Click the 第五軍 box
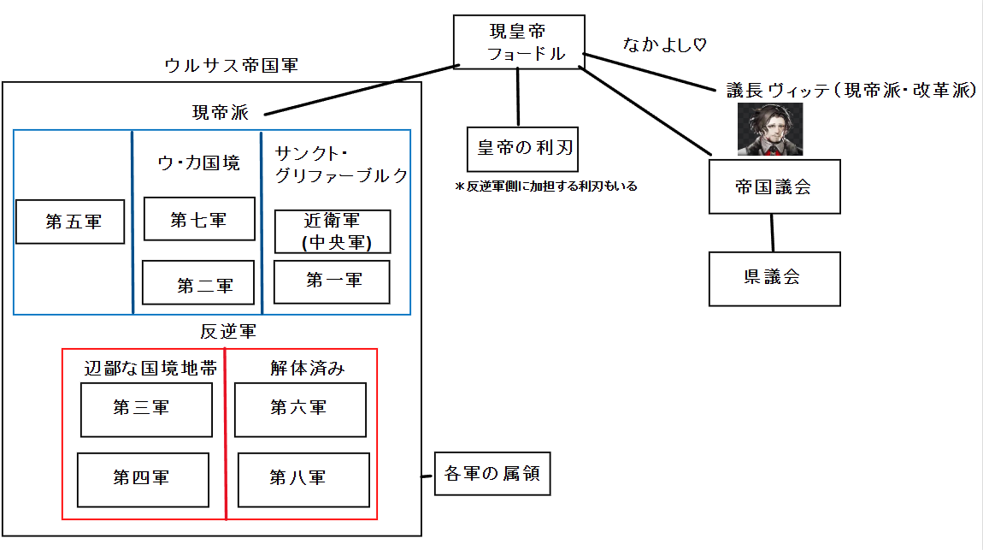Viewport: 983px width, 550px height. [x=71, y=222]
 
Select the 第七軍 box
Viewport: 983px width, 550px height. [x=198, y=219]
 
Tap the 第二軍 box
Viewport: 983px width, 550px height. [x=198, y=283]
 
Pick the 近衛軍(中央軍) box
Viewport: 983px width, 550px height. [x=333, y=232]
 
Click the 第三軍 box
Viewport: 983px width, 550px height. [x=146, y=410]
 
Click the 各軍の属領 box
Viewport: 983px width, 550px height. [x=491, y=473]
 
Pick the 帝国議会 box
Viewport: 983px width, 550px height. [x=774, y=186]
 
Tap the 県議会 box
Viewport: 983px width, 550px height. [x=774, y=279]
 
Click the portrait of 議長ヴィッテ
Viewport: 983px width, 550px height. [x=770, y=130]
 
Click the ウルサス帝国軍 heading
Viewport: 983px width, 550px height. [x=231, y=66]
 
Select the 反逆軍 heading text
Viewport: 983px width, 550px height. [x=228, y=332]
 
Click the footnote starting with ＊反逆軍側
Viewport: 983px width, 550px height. [x=546, y=186]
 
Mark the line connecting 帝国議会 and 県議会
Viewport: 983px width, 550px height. [x=773, y=233]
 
